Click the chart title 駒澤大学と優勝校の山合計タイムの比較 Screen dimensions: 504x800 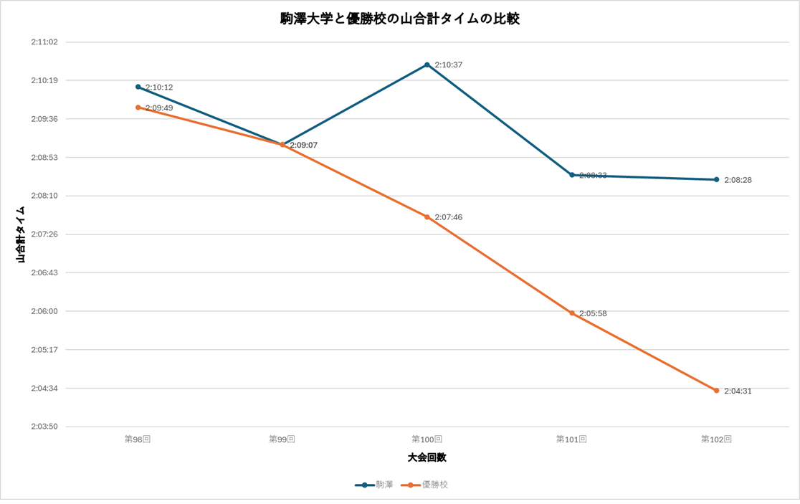click(399, 19)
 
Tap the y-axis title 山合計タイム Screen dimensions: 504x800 click(21, 234)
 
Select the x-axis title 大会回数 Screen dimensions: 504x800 click(427, 457)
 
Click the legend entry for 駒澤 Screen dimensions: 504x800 click(374, 485)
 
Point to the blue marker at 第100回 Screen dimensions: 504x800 click(427, 65)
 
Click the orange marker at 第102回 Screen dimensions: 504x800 click(716, 391)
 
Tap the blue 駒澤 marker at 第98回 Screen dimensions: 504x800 click(138, 87)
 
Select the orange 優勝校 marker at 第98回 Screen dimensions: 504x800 click(138, 108)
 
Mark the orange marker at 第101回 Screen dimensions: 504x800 click(572, 313)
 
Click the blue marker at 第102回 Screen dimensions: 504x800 click(716, 179)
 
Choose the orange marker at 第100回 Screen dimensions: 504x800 click(427, 217)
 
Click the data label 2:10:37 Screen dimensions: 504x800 click(449, 65)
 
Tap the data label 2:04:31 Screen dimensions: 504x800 click(738, 391)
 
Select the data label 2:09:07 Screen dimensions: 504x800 click(304, 146)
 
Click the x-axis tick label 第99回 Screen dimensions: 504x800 click(282, 439)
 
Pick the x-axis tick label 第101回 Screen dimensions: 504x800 click(571, 439)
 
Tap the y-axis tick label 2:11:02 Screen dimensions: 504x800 click(44, 42)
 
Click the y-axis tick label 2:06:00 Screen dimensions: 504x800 click(44, 311)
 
